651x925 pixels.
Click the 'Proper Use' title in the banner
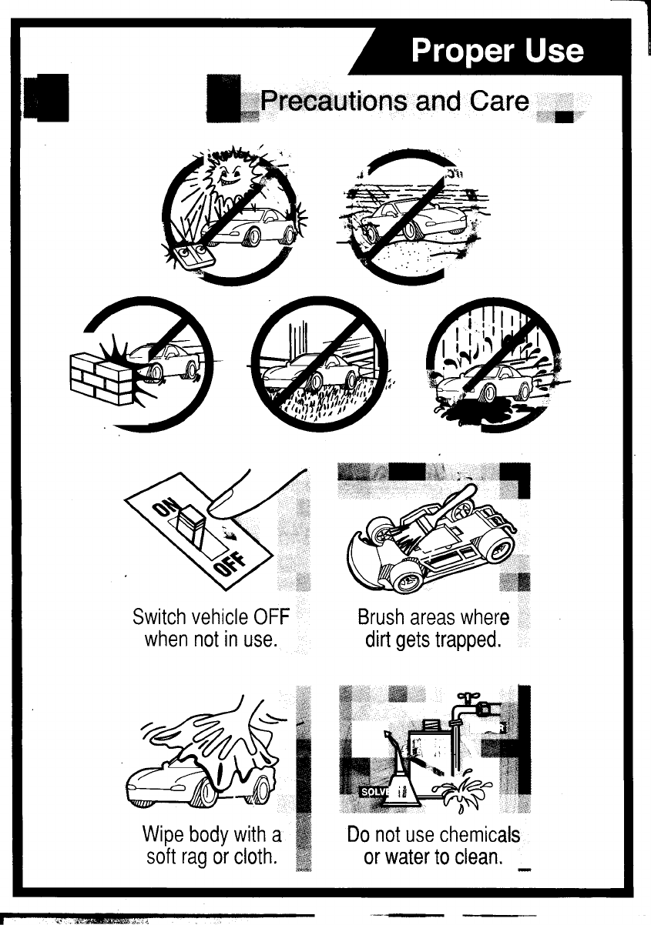[497, 51]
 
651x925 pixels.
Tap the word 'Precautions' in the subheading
[336, 101]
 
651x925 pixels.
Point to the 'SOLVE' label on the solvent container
[374, 792]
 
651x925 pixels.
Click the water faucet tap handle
[466, 697]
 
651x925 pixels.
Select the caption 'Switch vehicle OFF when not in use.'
[211, 628]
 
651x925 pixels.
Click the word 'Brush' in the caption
[381, 617]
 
